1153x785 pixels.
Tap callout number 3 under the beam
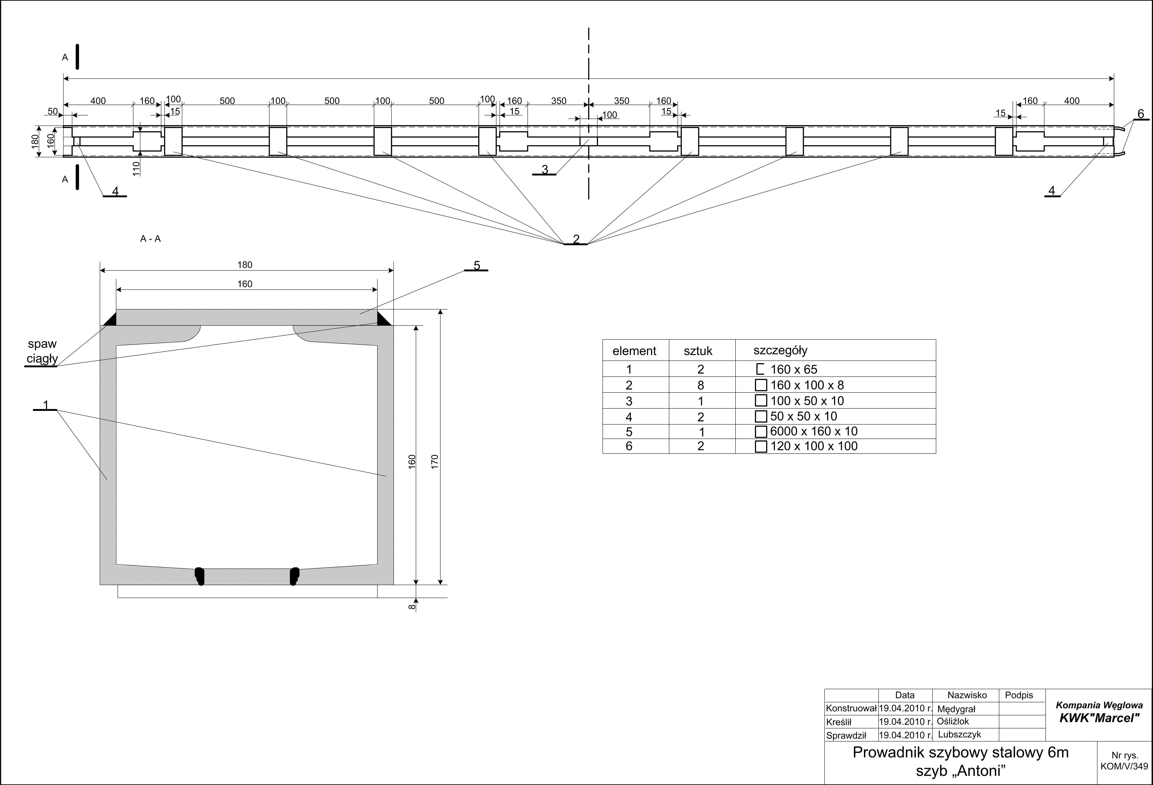(545, 170)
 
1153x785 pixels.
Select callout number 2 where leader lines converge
(576, 239)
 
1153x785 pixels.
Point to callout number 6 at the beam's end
(1141, 114)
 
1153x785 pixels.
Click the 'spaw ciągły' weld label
(43, 351)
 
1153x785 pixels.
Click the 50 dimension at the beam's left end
(53, 111)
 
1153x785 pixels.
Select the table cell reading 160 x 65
(794, 370)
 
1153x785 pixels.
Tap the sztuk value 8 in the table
(701, 385)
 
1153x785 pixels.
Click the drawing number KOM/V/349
(1124, 766)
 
